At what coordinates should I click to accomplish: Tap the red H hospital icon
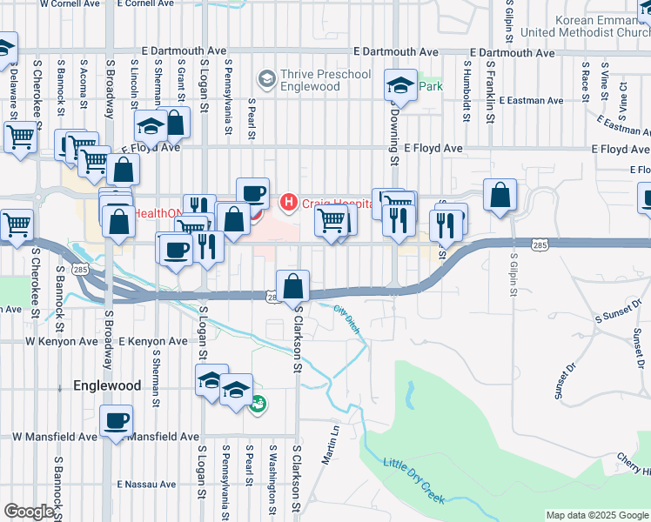287,203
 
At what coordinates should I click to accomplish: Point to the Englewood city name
107,385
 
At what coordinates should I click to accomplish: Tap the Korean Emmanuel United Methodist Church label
584,26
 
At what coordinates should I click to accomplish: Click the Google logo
29,512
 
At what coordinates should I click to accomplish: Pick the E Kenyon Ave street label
152,342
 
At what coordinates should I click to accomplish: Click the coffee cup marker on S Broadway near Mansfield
116,423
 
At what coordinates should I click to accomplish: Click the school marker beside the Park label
400,86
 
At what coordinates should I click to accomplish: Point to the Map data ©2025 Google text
597,515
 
